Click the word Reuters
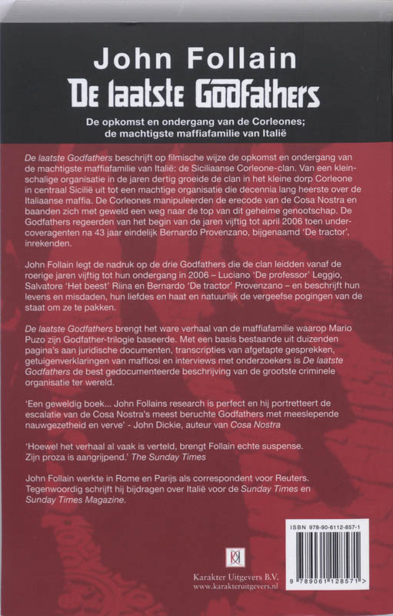point(289,477)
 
